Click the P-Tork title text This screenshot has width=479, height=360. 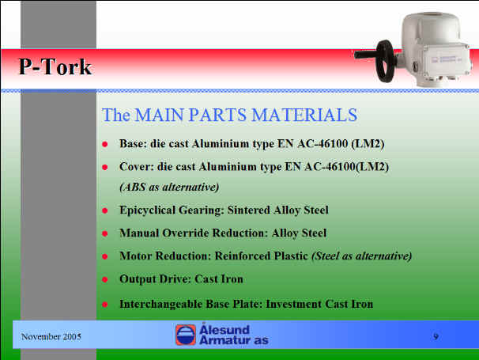pyautogui.click(x=55, y=67)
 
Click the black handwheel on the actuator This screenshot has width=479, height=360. pyautogui.click(x=385, y=61)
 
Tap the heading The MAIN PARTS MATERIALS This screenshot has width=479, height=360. pyautogui.click(x=229, y=115)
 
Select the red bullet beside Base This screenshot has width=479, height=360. pyautogui.click(x=105, y=144)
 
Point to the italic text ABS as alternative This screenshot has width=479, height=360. pyautogui.click(x=169, y=187)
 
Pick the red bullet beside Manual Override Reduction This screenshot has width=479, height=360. pyautogui.click(x=105, y=233)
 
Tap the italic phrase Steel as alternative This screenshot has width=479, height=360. pyautogui.click(x=362, y=256)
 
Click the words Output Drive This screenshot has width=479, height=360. pyautogui.click(x=155, y=279)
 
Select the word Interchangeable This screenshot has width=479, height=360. pyautogui.click(x=160, y=305)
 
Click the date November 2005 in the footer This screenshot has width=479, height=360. pyautogui.click(x=51, y=337)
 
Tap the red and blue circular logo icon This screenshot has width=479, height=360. pyautogui.click(x=186, y=335)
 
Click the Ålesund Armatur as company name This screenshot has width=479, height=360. pyautogui.click(x=234, y=335)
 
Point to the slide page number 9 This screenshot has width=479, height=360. pyautogui.click(x=436, y=336)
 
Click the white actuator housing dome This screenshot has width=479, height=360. pyautogui.click(x=431, y=28)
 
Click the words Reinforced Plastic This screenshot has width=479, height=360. pyautogui.click(x=261, y=256)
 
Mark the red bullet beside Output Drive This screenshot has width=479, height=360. pyautogui.click(x=105, y=279)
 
